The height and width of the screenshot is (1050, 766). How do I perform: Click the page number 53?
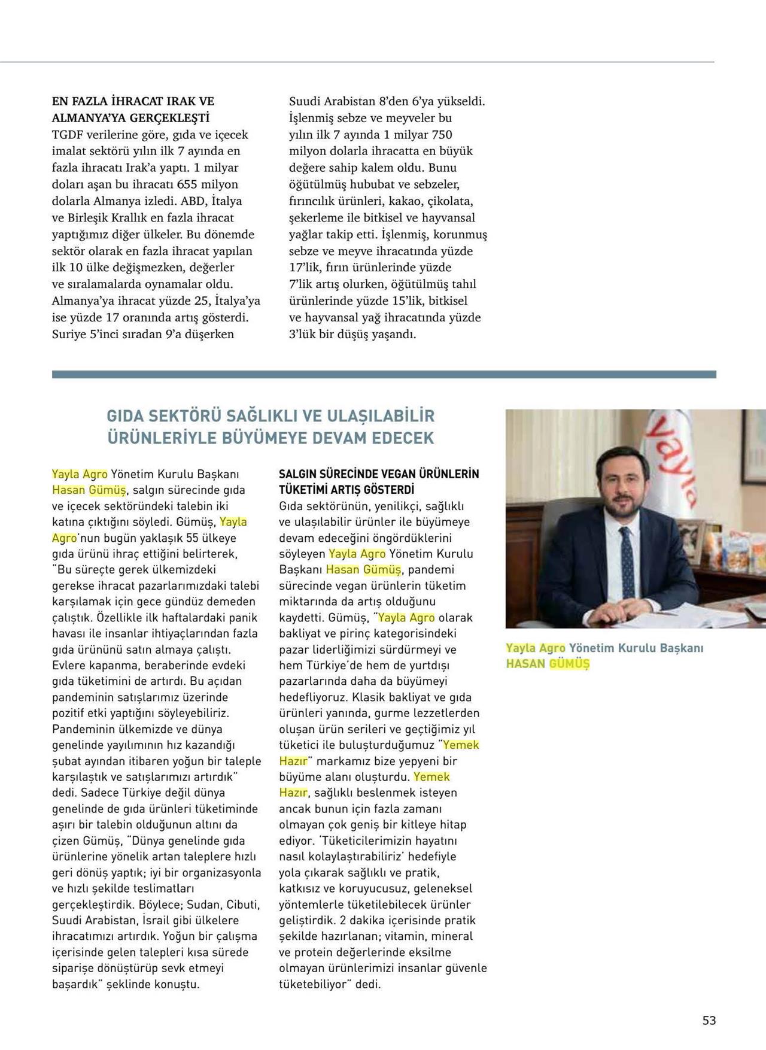click(709, 1021)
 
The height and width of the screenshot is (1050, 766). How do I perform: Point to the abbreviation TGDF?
click(68, 135)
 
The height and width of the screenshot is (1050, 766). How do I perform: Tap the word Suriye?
click(69, 334)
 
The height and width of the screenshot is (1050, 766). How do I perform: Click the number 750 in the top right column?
click(442, 135)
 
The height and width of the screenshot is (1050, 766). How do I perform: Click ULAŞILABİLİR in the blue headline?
click(377, 416)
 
